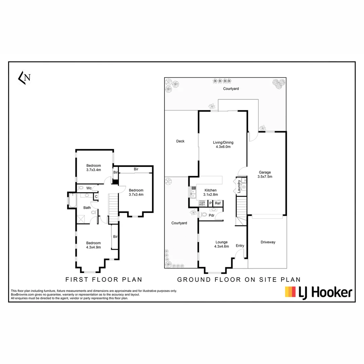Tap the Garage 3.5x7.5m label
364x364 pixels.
click(x=265, y=174)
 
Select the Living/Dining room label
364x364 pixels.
click(x=223, y=144)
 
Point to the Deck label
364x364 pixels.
click(x=180, y=141)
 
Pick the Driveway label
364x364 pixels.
click(x=268, y=242)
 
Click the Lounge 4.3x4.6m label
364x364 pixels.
click(x=221, y=244)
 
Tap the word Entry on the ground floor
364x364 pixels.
click(x=240, y=246)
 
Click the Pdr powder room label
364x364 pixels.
click(x=212, y=215)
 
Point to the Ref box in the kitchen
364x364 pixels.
click(x=218, y=203)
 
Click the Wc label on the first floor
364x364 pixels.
click(x=89, y=188)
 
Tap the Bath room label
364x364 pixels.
click(x=87, y=208)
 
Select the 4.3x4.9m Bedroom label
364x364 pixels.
click(x=93, y=245)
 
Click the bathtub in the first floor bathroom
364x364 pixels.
click(x=72, y=201)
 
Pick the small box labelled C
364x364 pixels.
click(x=96, y=196)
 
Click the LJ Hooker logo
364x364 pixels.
click(x=318, y=292)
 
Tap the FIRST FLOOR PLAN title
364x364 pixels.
click(x=103, y=279)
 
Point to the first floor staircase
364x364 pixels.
click(x=114, y=208)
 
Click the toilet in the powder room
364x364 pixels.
click(x=203, y=215)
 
